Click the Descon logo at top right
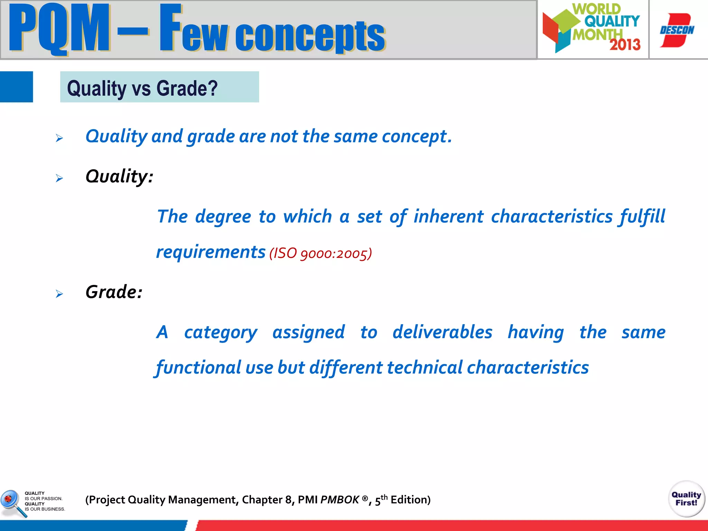click(677, 30)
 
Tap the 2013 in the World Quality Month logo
click(625, 45)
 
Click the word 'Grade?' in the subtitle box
click(187, 88)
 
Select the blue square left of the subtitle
click(16, 87)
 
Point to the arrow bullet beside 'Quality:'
click(59, 178)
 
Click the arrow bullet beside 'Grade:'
click(59, 294)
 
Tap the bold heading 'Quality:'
click(119, 176)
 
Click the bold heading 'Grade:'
click(114, 292)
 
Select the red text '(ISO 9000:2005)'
click(320, 253)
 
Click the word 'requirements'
click(211, 252)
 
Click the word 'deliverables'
click(442, 332)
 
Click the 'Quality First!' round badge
click(686, 499)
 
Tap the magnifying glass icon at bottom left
click(12, 502)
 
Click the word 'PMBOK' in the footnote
click(340, 500)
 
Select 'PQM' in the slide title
click(59, 29)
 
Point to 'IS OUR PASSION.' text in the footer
click(44, 499)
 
